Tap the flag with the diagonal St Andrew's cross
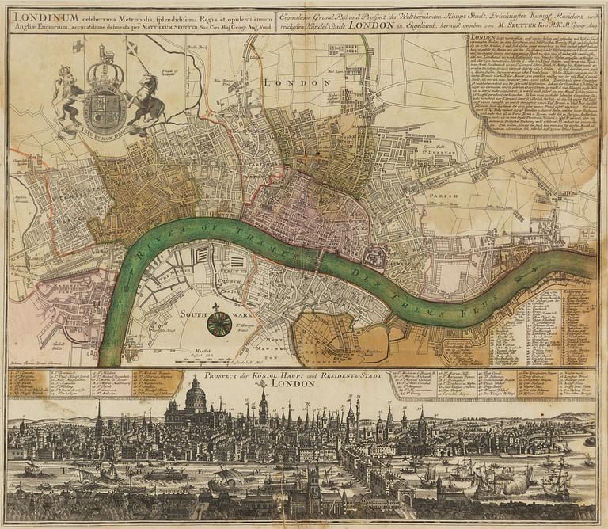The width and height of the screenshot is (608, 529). click(131, 49)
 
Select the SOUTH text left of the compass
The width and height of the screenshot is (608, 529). click(195, 313)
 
